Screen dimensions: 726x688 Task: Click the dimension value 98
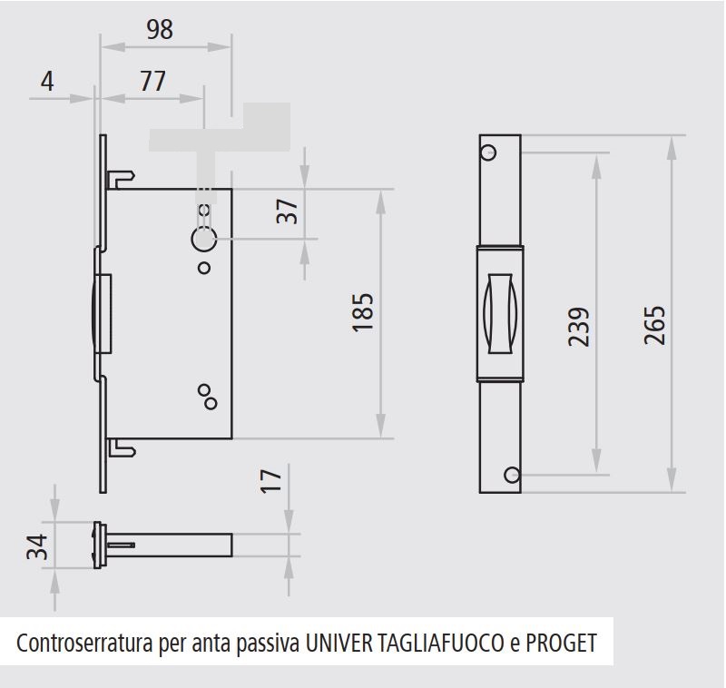coord(160,29)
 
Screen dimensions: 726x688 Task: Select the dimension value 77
coord(152,81)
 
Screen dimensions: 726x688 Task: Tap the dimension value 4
coord(47,82)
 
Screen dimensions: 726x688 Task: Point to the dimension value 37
coord(287,211)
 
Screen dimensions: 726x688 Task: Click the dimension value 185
coord(362,312)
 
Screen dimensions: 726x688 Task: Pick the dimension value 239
coord(579,327)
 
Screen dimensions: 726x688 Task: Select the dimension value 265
coord(654,326)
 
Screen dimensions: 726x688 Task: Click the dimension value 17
coord(270,481)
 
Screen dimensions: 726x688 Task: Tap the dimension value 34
coord(37,546)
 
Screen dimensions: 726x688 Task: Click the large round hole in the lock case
coord(204,240)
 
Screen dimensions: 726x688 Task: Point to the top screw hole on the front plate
coord(488,152)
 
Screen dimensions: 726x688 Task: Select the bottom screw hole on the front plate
coord(512,475)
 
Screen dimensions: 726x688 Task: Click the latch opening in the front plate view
coord(500,314)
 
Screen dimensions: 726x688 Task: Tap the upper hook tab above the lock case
coord(122,179)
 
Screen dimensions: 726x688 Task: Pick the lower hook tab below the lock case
coord(122,448)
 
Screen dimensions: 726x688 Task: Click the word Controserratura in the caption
coord(84,644)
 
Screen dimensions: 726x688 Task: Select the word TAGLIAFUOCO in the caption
coord(441,644)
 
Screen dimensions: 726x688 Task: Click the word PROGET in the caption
coord(561,644)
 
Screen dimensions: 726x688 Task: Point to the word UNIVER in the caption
coord(338,644)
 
